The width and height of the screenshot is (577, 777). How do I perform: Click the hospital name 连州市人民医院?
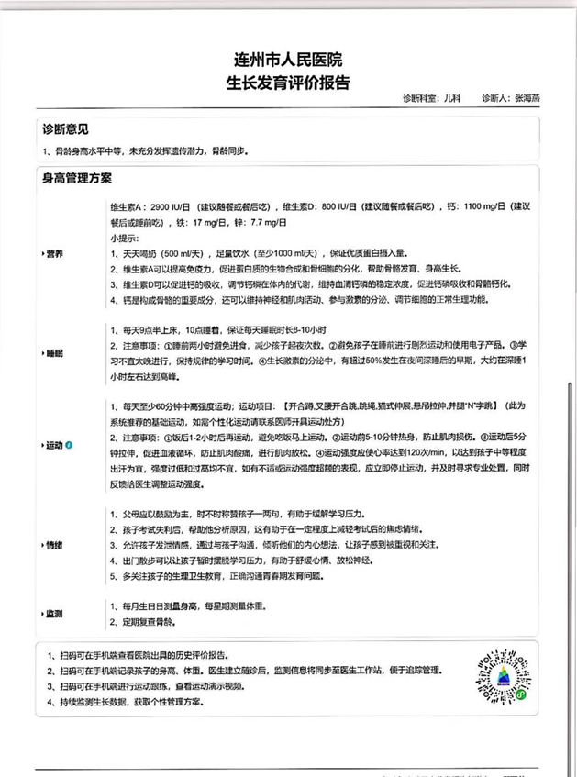[x=287, y=61]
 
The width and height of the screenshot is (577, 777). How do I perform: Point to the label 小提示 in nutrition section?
[x=125, y=238]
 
